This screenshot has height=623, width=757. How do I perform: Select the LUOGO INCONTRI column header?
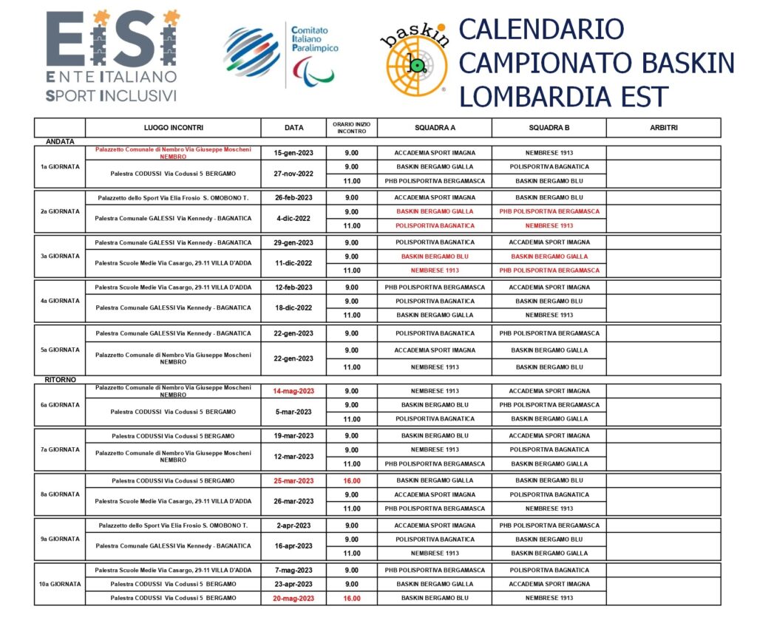pyautogui.click(x=174, y=128)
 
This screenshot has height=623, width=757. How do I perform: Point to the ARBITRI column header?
pyautogui.click(x=663, y=128)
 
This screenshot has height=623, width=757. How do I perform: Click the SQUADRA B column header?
pyautogui.click(x=549, y=128)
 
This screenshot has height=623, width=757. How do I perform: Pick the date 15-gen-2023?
pyautogui.click(x=293, y=153)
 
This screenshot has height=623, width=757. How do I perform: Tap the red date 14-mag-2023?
pyautogui.click(x=293, y=391)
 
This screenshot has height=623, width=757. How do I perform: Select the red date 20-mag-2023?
pyautogui.click(x=293, y=598)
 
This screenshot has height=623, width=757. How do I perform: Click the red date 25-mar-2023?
pyautogui.click(x=293, y=480)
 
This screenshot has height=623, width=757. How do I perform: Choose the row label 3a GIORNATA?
pyautogui.click(x=60, y=256)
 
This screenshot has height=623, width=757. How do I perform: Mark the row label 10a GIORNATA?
pyautogui.click(x=60, y=584)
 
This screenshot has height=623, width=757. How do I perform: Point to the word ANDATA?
pyautogui.click(x=61, y=141)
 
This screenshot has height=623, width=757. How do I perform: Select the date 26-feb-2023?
pyautogui.click(x=293, y=197)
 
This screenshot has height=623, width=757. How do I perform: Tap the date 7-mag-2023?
pyautogui.click(x=293, y=570)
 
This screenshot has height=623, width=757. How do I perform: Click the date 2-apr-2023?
pyautogui.click(x=293, y=525)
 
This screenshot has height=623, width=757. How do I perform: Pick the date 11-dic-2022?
pyautogui.click(x=293, y=263)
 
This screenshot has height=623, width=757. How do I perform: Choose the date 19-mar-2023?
pyautogui.click(x=293, y=436)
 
